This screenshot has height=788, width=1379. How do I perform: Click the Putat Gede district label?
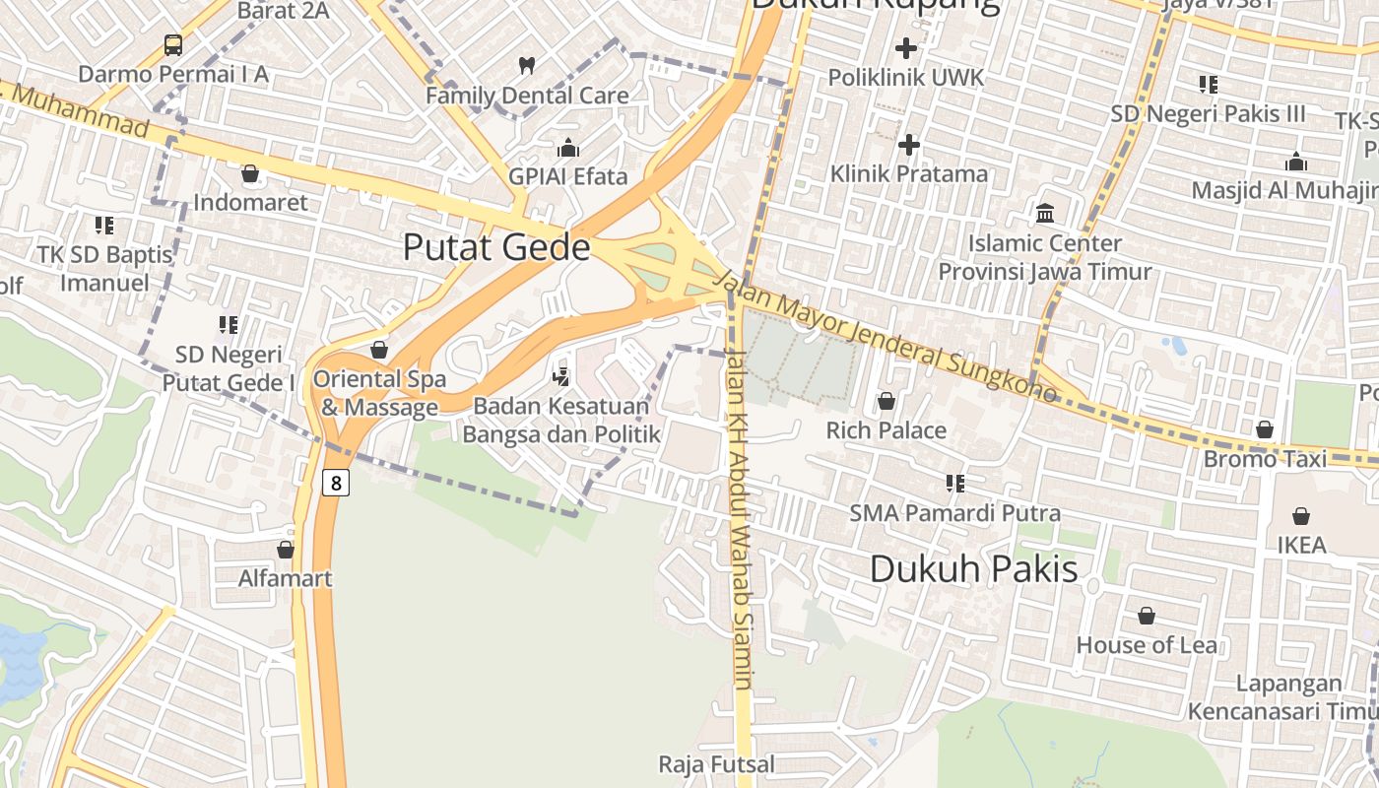pos(496,246)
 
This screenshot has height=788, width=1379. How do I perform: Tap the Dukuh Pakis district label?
pos(974,568)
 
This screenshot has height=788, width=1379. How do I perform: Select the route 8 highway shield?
pos(336,483)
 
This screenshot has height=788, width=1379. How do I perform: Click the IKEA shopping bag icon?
pos(1301,516)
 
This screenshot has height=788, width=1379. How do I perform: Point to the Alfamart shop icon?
pos(286,550)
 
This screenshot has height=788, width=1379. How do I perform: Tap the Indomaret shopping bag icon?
pos(250,174)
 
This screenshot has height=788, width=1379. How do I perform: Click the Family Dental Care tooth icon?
pos(527,66)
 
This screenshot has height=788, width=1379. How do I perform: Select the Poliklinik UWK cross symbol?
pos(905,47)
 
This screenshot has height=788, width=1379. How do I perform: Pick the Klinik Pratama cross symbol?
pos(908,146)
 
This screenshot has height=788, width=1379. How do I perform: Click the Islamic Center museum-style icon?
pos(1044,213)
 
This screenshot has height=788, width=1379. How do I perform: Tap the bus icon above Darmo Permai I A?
pos(173,44)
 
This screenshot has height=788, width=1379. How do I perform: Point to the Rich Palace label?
pos(886,430)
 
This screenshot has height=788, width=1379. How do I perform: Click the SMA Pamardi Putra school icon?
pos(954,484)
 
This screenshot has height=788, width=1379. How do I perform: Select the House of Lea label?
pos(1147,645)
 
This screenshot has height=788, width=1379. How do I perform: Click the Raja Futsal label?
pos(716,763)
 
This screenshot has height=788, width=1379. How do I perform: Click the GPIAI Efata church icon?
pos(568,149)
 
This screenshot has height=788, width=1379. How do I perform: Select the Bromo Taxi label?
pos(1265,459)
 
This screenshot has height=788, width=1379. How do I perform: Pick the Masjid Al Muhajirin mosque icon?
pos(1296,162)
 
